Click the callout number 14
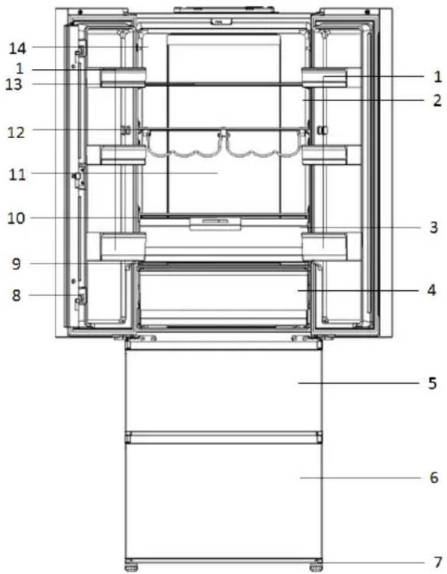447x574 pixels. click(x=18, y=48)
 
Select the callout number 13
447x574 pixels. click(x=14, y=85)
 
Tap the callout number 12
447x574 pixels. click(x=16, y=132)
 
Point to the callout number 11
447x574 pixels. click(x=18, y=174)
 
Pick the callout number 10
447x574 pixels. click(x=16, y=218)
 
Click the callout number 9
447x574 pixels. click(x=16, y=263)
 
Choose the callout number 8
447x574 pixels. click(x=16, y=295)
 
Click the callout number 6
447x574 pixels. click(x=434, y=478)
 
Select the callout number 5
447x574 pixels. click(x=433, y=383)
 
